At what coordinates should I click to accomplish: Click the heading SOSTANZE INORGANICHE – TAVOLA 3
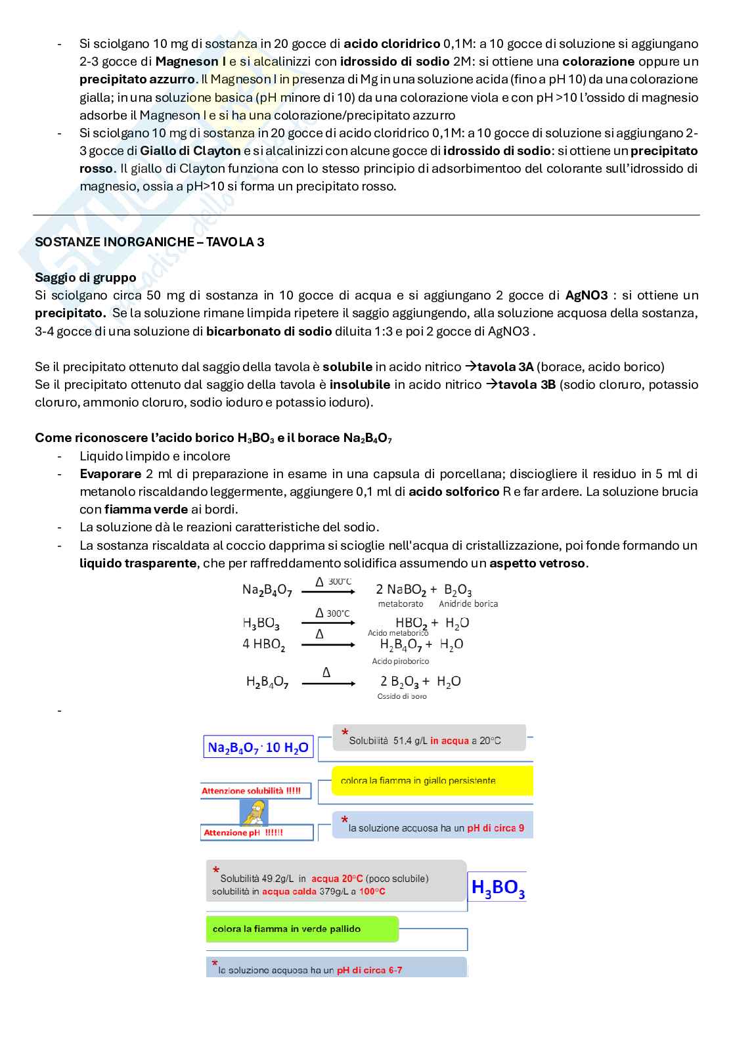(149, 242)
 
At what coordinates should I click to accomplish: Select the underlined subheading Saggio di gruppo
(85, 277)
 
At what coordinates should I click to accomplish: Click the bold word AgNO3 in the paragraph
(586, 296)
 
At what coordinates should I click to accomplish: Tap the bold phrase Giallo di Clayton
(190, 151)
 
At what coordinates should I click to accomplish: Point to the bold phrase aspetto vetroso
(538, 563)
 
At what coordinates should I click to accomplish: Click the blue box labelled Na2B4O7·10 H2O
(257, 747)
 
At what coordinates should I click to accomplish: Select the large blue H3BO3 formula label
(498, 888)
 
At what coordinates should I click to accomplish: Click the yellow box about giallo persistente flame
(432, 781)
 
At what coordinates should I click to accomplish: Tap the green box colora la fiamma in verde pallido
(302, 929)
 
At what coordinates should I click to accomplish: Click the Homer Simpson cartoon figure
(254, 812)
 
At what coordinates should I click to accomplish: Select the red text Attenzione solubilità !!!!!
(251, 791)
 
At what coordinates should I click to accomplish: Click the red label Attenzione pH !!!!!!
(243, 833)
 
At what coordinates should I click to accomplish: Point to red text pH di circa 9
(495, 828)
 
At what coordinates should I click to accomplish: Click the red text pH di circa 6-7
(369, 970)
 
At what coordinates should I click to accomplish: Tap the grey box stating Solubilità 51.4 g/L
(429, 739)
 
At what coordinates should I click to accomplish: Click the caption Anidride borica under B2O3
(468, 604)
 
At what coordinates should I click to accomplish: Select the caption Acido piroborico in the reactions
(400, 661)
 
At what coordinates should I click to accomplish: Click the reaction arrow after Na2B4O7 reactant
(328, 592)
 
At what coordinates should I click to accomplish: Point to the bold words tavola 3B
(526, 385)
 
